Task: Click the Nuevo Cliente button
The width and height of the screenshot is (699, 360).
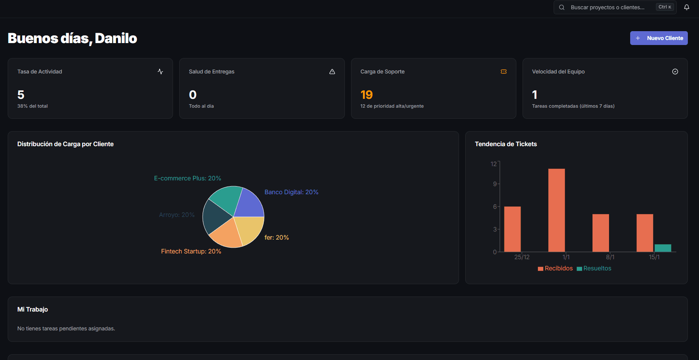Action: [659, 38]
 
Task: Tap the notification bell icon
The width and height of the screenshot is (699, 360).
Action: [686, 7]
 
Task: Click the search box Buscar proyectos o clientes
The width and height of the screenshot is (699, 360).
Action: [607, 7]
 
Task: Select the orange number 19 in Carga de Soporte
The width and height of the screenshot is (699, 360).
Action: [366, 95]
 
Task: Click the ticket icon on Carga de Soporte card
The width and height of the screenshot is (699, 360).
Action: [503, 72]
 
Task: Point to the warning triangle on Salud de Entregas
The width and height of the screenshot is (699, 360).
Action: [332, 72]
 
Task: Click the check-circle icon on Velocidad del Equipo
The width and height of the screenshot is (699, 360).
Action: [675, 72]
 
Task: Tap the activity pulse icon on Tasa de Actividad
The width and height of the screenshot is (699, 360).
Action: [160, 72]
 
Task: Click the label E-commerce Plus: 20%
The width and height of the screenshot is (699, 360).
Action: [187, 178]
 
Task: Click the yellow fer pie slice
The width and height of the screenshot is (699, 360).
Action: [250, 228]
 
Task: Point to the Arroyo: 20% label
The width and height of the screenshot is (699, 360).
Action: [176, 215]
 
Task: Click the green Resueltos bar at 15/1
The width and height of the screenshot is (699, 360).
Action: [662, 248]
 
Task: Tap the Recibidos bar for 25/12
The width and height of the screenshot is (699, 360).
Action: [512, 229]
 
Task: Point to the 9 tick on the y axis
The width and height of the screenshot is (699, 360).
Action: [494, 184]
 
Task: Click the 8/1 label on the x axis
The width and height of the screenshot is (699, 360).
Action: [610, 257]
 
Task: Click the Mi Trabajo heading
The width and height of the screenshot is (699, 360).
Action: [33, 309]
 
